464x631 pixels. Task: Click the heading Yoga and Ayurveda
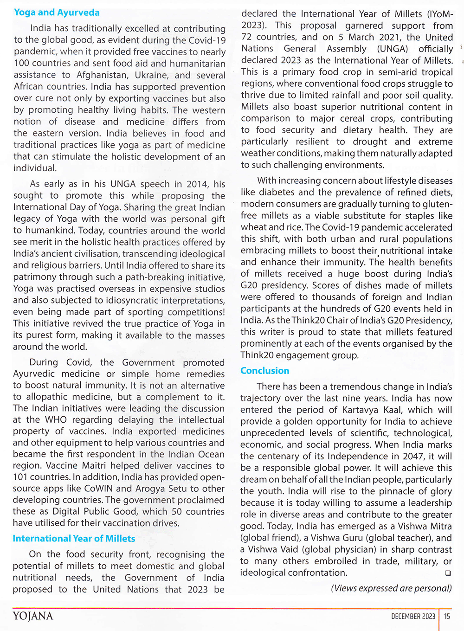[x=57, y=13]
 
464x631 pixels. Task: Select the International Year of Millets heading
[x=74, y=539]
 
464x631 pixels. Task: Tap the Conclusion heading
[x=264, y=371]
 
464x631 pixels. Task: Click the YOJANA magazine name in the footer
[x=33, y=616]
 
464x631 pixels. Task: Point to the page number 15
[x=447, y=616]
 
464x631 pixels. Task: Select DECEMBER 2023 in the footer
[x=413, y=616]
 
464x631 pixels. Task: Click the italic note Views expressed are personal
[x=391, y=588]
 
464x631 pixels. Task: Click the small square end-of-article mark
[x=448, y=573]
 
